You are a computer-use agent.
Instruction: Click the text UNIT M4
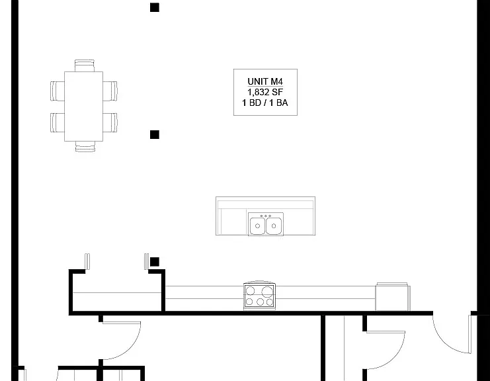(265, 81)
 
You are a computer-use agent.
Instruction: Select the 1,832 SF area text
(265, 92)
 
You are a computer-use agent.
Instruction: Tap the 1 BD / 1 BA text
(265, 103)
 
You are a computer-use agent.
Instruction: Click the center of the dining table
(84, 106)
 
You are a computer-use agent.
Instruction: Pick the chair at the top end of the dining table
(85, 65)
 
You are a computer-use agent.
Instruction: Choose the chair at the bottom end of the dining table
(85, 147)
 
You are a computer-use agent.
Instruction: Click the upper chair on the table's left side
(58, 91)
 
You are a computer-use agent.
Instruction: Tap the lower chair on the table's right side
(110, 122)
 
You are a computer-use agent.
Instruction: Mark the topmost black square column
(155, 7)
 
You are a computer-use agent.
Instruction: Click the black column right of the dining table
(155, 135)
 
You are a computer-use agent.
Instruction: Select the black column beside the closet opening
(155, 262)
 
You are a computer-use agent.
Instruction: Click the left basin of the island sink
(257, 226)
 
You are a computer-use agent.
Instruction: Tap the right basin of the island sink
(274, 226)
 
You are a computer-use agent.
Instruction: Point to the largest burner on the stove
(267, 292)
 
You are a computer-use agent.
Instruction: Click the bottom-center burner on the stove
(260, 302)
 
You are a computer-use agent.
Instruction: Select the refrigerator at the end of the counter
(393, 296)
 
